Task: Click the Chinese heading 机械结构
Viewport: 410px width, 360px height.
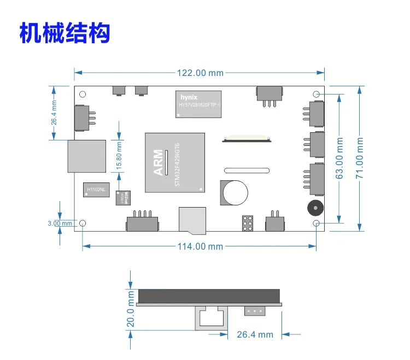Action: coord(65,33)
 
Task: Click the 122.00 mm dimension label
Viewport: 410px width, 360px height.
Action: coord(200,73)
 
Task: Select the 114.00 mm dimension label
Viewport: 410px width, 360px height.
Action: coord(200,246)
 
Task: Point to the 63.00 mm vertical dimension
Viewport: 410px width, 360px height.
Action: coord(339,159)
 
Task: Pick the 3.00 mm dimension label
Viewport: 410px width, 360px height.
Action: coord(60,223)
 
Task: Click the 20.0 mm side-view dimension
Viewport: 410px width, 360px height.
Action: coord(131,309)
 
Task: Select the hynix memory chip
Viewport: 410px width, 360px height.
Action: coord(198,104)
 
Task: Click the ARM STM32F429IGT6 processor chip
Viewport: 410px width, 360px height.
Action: coord(175,162)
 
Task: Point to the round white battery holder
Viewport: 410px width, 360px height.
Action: coord(234,192)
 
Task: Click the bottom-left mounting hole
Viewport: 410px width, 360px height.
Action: coord(83,223)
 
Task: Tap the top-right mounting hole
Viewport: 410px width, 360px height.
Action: coord(316,94)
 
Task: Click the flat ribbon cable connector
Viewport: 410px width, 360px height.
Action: coord(247,138)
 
